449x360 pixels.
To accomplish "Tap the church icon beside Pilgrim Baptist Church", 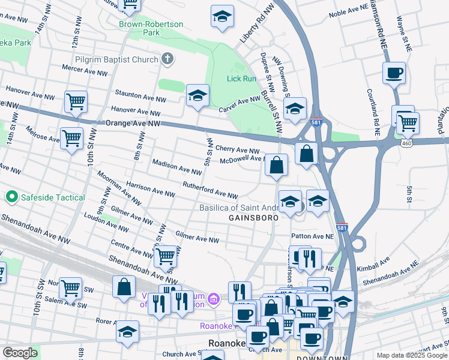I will [167, 59].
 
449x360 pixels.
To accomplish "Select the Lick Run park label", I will [241, 79].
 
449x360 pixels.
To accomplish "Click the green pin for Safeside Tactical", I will [11, 197].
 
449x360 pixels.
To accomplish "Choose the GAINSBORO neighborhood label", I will [254, 218].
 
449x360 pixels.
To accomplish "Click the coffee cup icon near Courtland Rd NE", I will [394, 73].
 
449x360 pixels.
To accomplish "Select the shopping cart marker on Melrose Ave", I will [72, 139].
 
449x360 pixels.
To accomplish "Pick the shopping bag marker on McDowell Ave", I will [276, 166].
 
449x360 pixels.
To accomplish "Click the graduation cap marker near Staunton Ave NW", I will [197, 95].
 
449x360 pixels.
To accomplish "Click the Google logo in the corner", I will [20, 353].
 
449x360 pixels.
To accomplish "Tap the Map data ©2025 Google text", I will [411, 355].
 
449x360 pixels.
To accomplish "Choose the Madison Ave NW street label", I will [177, 167].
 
